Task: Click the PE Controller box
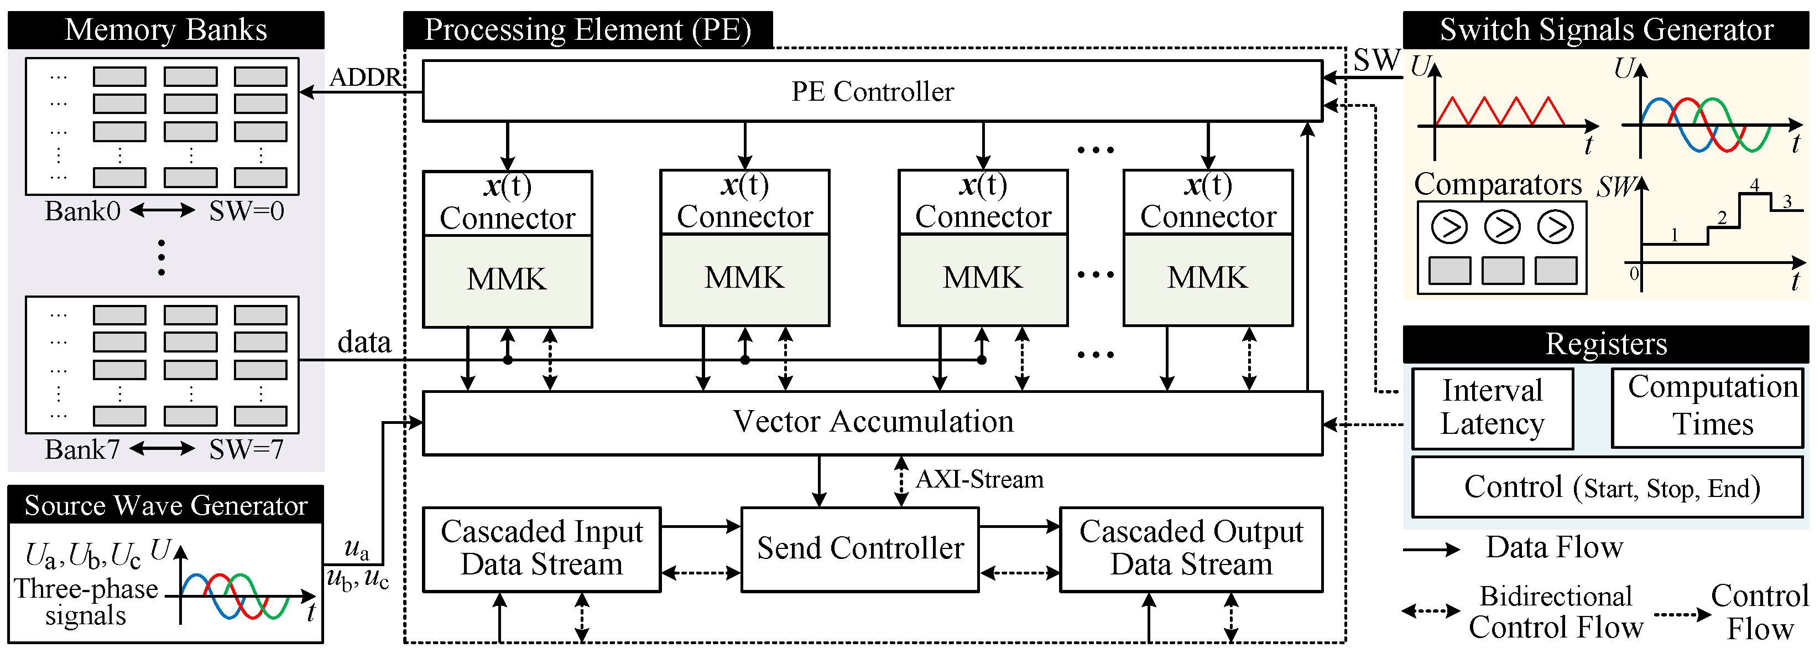(872, 91)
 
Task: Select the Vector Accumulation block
(872, 422)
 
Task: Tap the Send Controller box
(860, 548)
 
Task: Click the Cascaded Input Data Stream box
(541, 548)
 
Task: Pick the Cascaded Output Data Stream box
(1191, 548)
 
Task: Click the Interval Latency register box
(1492, 408)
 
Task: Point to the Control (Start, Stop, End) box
(1607, 487)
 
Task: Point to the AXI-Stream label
(979, 480)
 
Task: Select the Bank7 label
(82, 449)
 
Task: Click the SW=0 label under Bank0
(246, 211)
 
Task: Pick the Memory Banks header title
(165, 30)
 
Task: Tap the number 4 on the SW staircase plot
(1754, 185)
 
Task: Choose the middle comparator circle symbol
(1502, 227)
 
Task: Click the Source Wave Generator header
(165, 505)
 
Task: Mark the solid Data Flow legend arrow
(1431, 549)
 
